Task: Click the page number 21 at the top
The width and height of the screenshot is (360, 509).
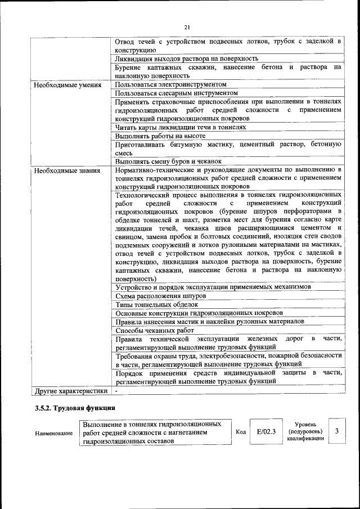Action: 187,26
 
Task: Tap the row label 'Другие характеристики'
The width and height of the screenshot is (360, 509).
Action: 71,390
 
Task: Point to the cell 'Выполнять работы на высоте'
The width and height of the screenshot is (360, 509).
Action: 160,136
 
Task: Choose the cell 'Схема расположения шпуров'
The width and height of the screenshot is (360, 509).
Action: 160,296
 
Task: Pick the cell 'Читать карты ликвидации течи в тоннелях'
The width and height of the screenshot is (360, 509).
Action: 181,128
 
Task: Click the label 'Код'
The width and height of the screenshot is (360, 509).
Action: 240,432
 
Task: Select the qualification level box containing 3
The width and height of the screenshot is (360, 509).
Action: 336,431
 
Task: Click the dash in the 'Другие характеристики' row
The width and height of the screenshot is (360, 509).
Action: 116,390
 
